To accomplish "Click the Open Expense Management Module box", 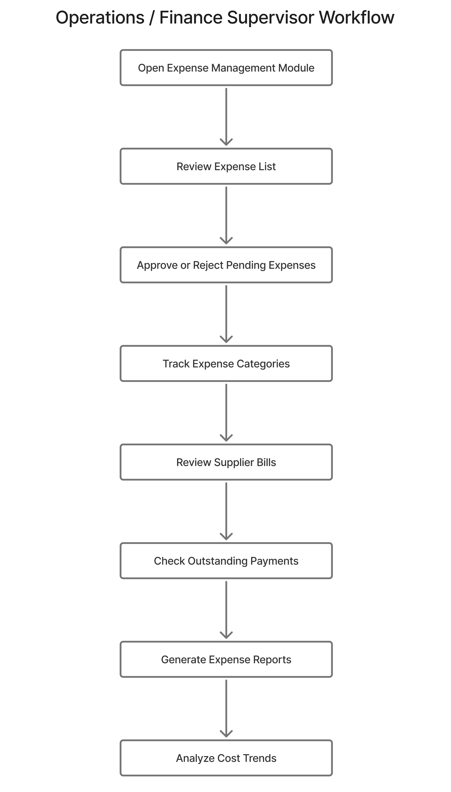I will [226, 68].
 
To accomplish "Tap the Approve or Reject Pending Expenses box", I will [226, 265].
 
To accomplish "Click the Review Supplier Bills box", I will [226, 462].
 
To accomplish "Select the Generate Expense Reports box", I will [226, 659].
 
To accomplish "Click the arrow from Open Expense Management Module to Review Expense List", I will [226, 116].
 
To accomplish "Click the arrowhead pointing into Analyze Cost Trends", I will [226, 734].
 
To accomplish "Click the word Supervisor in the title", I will [270, 18].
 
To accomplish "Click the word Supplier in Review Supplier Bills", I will [234, 462].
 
